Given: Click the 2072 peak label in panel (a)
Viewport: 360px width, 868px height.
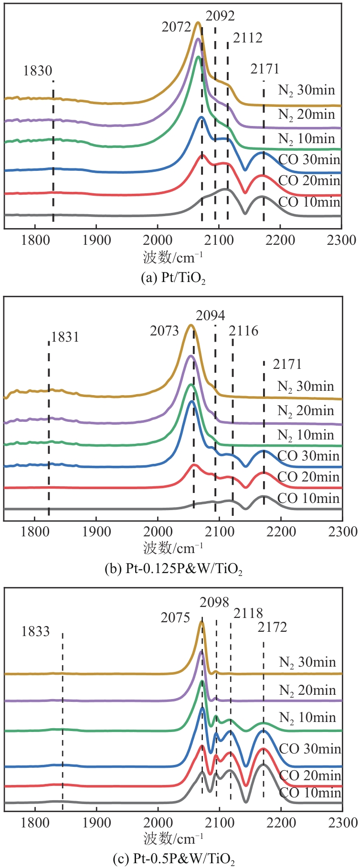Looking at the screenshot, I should pyautogui.click(x=176, y=27).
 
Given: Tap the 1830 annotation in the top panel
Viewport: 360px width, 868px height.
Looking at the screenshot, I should pyautogui.click(x=38, y=71).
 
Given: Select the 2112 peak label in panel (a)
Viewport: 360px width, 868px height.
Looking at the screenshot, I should pyautogui.click(x=248, y=38).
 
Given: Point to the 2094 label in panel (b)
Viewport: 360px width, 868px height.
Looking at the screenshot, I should pyautogui.click(x=211, y=315).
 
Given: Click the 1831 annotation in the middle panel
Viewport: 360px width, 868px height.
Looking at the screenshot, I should pyautogui.click(x=65, y=337).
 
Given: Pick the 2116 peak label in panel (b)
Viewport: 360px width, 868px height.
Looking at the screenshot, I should pyautogui.click(x=244, y=331).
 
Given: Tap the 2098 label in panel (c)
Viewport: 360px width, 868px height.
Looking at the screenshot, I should pyautogui.click(x=214, y=602).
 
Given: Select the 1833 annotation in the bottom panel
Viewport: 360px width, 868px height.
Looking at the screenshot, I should pyautogui.click(x=35, y=632).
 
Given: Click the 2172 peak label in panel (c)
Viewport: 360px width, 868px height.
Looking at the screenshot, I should pyautogui.click(x=272, y=627).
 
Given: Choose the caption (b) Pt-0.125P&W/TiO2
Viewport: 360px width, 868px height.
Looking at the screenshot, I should pyautogui.click(x=173, y=569).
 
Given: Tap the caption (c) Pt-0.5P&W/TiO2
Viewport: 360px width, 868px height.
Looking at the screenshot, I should pyautogui.click(x=173, y=859).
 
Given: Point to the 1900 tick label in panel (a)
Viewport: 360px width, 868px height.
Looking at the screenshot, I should pyautogui.click(x=96, y=240).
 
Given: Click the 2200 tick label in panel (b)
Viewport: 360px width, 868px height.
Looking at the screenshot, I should pyautogui.click(x=281, y=531).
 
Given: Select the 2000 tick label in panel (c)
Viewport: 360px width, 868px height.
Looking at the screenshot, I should pyautogui.click(x=158, y=822).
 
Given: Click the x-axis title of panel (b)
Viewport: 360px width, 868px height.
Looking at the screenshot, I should pyautogui.click(x=173, y=548).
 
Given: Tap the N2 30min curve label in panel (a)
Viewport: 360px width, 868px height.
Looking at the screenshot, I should pyautogui.click(x=307, y=90).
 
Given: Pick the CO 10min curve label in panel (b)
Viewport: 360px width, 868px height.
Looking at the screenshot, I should pyautogui.click(x=308, y=499).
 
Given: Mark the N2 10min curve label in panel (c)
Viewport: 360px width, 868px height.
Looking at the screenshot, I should pyautogui.click(x=307, y=718).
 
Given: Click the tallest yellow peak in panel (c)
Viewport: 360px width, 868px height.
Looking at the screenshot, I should pyautogui.click(x=201, y=622).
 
